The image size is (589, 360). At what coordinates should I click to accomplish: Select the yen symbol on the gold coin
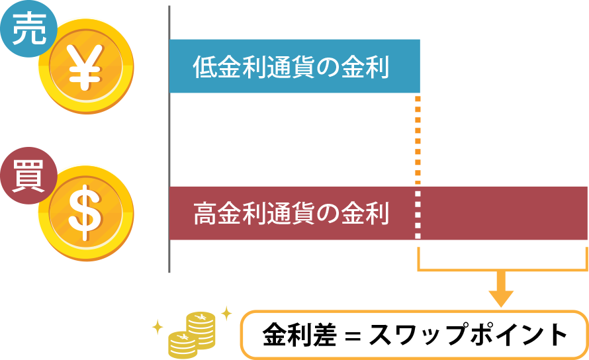(x=85, y=66)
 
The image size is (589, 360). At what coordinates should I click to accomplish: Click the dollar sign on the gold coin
(x=85, y=212)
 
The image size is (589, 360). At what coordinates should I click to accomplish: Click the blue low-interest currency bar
(x=294, y=66)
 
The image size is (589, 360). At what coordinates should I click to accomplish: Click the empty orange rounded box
(x=414, y=334)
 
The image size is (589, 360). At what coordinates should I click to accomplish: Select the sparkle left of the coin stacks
(x=158, y=326)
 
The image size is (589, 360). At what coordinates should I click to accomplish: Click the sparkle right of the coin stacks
(x=226, y=313)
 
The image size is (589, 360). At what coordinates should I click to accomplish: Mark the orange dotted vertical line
(x=418, y=139)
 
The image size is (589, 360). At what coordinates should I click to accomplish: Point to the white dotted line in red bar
(x=418, y=213)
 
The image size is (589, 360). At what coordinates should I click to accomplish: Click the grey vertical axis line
(x=169, y=139)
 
